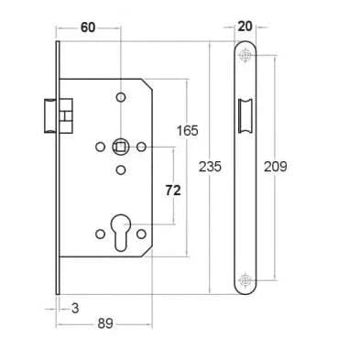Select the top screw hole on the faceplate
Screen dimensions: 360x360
point(245,57)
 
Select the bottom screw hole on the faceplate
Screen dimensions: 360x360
point(245,279)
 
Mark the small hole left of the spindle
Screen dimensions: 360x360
point(99,147)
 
